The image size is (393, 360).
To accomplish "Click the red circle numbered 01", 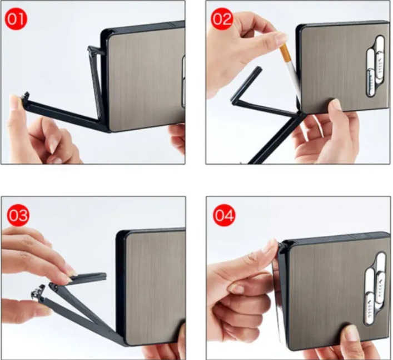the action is point(16,19).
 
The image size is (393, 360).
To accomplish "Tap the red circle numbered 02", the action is point(222,19).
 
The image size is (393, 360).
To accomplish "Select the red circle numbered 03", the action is point(18,215).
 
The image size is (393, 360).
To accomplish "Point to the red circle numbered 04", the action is point(224,215).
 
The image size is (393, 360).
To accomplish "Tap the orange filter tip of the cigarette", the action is point(284,53).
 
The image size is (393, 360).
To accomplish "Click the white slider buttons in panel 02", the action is point(375,66).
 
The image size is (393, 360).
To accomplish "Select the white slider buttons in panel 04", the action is point(374,289).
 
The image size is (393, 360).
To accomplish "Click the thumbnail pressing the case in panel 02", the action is point(336,104).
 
